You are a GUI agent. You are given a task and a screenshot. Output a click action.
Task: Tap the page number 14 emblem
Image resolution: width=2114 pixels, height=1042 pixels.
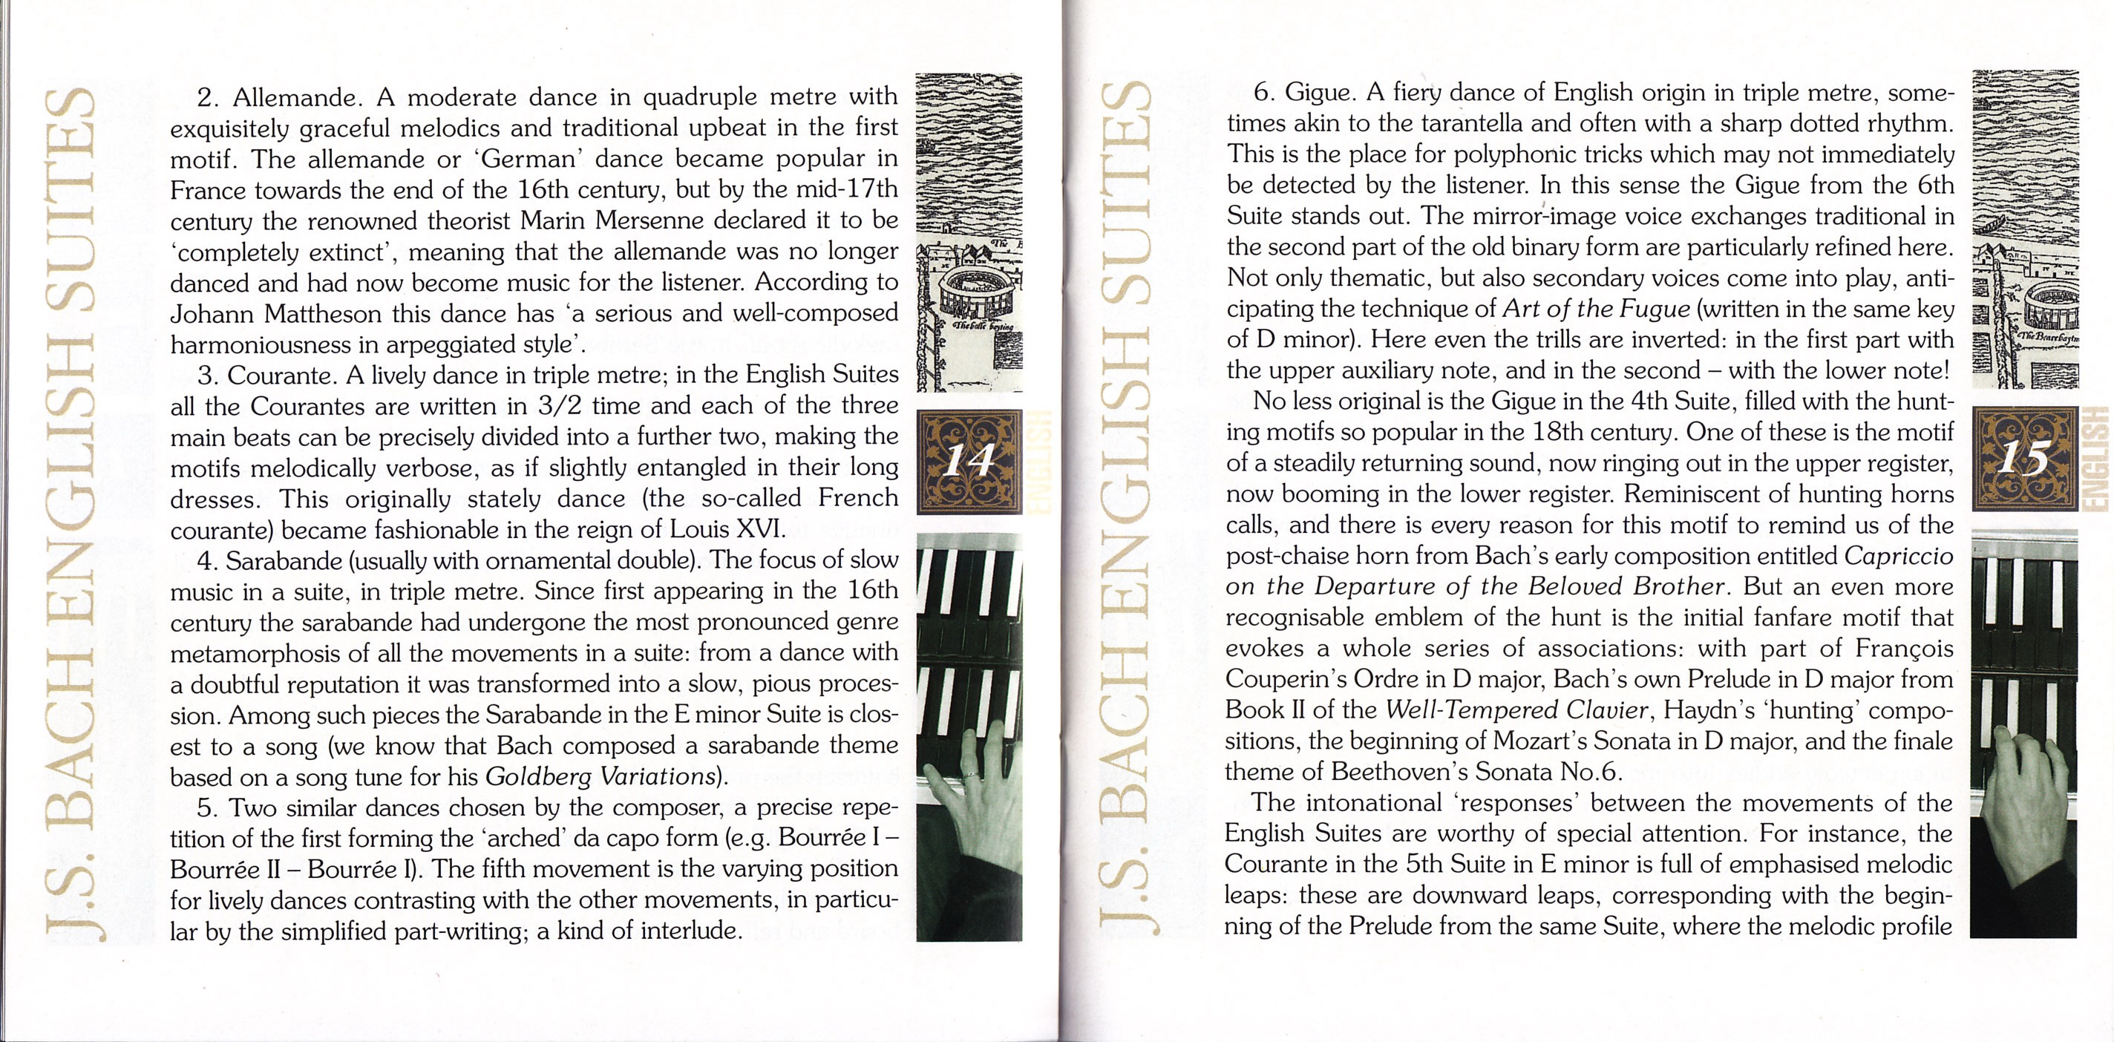coord(969,462)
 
